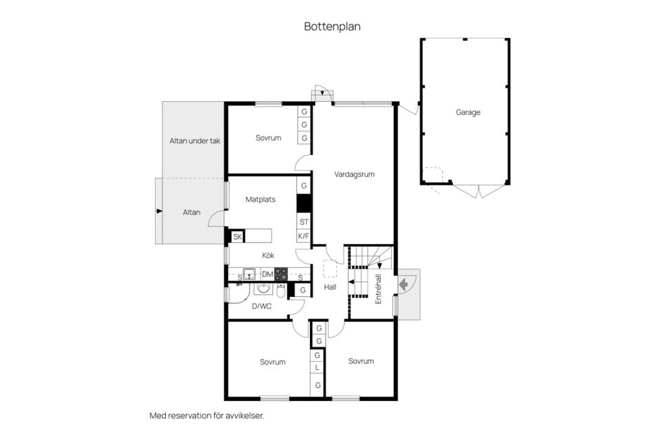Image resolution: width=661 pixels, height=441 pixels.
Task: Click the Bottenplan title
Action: [332, 27]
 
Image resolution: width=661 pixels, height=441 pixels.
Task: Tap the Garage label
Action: [468, 112]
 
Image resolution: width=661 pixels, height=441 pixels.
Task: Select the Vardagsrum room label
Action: [354, 174]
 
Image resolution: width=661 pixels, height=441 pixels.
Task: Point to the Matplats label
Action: [260, 199]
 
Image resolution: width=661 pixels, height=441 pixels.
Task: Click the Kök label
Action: [268, 256]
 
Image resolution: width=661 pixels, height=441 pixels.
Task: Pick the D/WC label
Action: [262, 307]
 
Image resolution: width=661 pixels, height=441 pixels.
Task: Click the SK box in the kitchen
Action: [238, 237]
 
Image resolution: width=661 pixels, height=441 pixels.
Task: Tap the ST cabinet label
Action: [304, 222]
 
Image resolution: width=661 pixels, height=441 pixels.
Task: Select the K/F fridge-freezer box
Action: [304, 236]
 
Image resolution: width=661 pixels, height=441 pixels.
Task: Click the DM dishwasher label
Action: [268, 274]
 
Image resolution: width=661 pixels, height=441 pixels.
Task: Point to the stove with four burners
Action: [281, 274]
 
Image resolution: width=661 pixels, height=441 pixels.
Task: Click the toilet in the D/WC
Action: [281, 290]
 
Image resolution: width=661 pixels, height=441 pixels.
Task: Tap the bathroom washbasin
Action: [264, 289]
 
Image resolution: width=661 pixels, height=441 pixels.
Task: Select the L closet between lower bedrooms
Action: [317, 368]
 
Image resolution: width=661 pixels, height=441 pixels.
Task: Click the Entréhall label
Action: [378, 289]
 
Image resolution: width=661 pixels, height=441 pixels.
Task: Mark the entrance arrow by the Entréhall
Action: [403, 284]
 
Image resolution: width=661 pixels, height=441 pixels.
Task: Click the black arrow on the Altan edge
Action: [159, 211]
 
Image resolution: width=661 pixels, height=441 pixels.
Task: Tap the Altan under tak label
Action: [195, 141]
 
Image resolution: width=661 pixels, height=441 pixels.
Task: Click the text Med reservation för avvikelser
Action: [207, 416]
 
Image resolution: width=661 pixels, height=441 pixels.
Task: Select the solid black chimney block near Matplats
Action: [304, 203]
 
